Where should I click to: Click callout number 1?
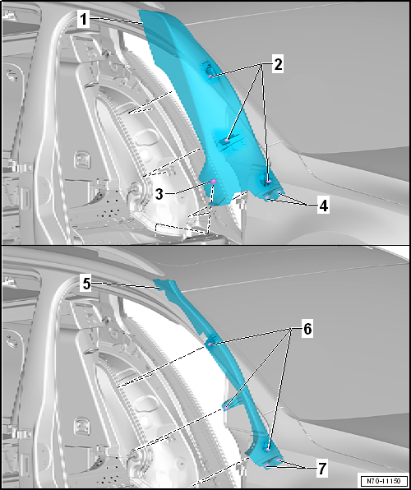[83, 20]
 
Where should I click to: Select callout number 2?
[278, 65]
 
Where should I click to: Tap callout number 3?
[159, 194]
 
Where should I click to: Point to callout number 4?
[323, 206]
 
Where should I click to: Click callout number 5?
[86, 284]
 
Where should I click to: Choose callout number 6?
[307, 329]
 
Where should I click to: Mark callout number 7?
[322, 469]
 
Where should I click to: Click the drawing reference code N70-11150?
[384, 481]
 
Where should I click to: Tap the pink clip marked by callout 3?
[214, 182]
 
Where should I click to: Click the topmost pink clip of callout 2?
[210, 76]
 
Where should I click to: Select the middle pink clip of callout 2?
[227, 141]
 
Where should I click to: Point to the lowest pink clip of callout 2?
[269, 181]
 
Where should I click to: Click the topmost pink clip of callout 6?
[209, 344]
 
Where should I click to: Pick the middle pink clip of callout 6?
[226, 408]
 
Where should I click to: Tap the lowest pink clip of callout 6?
[268, 449]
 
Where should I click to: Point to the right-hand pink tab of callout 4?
[279, 192]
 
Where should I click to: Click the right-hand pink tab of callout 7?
[278, 460]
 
